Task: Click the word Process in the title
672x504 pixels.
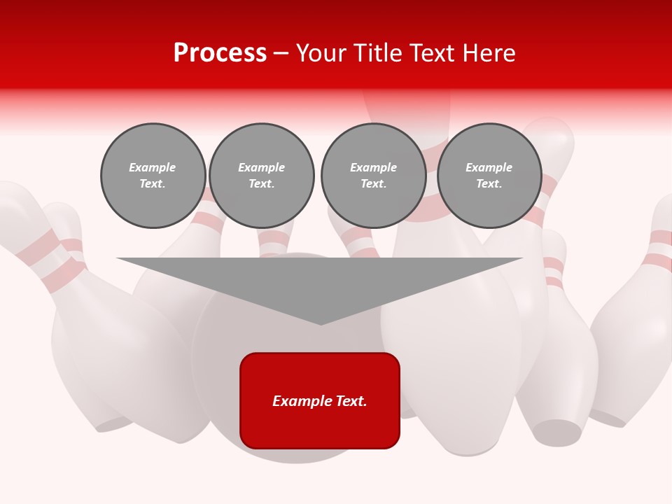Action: (x=220, y=53)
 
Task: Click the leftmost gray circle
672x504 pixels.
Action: (x=153, y=176)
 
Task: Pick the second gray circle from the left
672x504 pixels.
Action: (x=262, y=176)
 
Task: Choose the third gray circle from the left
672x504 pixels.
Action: (x=374, y=176)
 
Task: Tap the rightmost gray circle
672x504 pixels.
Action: (x=489, y=176)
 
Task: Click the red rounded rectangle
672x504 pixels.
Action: (x=320, y=400)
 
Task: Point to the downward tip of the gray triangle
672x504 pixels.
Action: (x=321, y=323)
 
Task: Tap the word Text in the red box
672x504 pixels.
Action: (x=351, y=401)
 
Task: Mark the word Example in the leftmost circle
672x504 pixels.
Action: (x=153, y=167)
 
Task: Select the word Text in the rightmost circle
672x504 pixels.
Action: (x=489, y=184)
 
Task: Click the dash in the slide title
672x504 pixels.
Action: (x=281, y=53)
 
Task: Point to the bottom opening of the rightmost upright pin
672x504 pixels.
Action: (x=557, y=431)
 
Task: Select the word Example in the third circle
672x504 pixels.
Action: (x=374, y=167)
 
